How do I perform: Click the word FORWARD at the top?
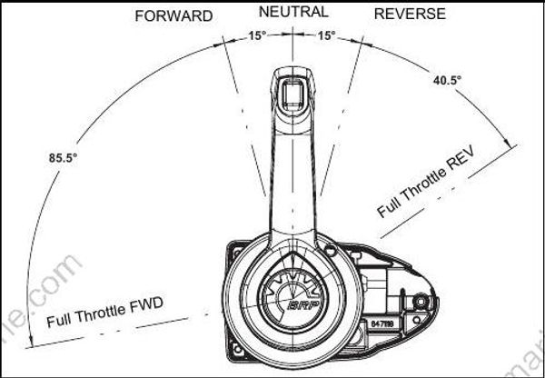[x=173, y=15]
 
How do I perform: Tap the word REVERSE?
[x=411, y=14]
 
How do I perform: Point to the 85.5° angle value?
[x=64, y=158]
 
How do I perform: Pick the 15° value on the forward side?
[x=258, y=35]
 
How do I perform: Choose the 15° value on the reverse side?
[x=326, y=35]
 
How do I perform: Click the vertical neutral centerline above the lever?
[x=292, y=45]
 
